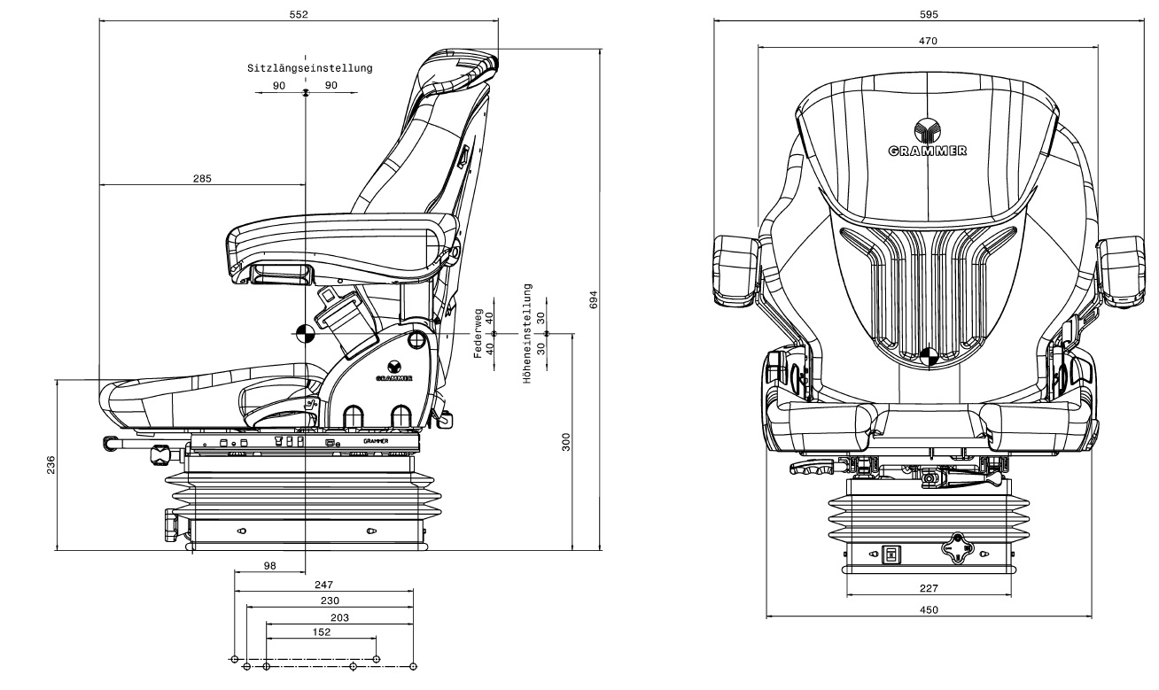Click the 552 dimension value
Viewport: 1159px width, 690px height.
click(299, 14)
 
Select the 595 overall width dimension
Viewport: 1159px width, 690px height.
click(929, 14)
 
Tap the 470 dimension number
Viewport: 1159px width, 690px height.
click(928, 41)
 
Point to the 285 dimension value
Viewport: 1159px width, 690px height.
click(202, 178)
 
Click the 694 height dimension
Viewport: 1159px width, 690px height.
click(594, 300)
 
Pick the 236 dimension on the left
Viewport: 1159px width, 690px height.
click(51, 465)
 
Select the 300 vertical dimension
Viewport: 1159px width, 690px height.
click(566, 442)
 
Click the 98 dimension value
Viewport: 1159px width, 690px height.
click(270, 566)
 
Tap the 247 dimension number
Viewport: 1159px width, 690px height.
click(324, 585)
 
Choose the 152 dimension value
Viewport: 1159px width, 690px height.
click(322, 632)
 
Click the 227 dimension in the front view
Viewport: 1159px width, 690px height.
click(929, 588)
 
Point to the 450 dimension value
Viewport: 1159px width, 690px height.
click(929, 609)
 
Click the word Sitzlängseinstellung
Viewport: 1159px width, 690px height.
click(310, 67)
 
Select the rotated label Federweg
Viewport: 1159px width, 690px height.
click(478, 334)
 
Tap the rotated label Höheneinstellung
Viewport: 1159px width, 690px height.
click(527, 334)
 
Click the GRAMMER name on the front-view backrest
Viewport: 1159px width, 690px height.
click(927, 151)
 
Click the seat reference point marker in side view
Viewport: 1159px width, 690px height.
click(306, 334)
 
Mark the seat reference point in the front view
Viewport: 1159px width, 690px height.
click(929, 357)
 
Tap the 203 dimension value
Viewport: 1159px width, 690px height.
click(339, 617)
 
